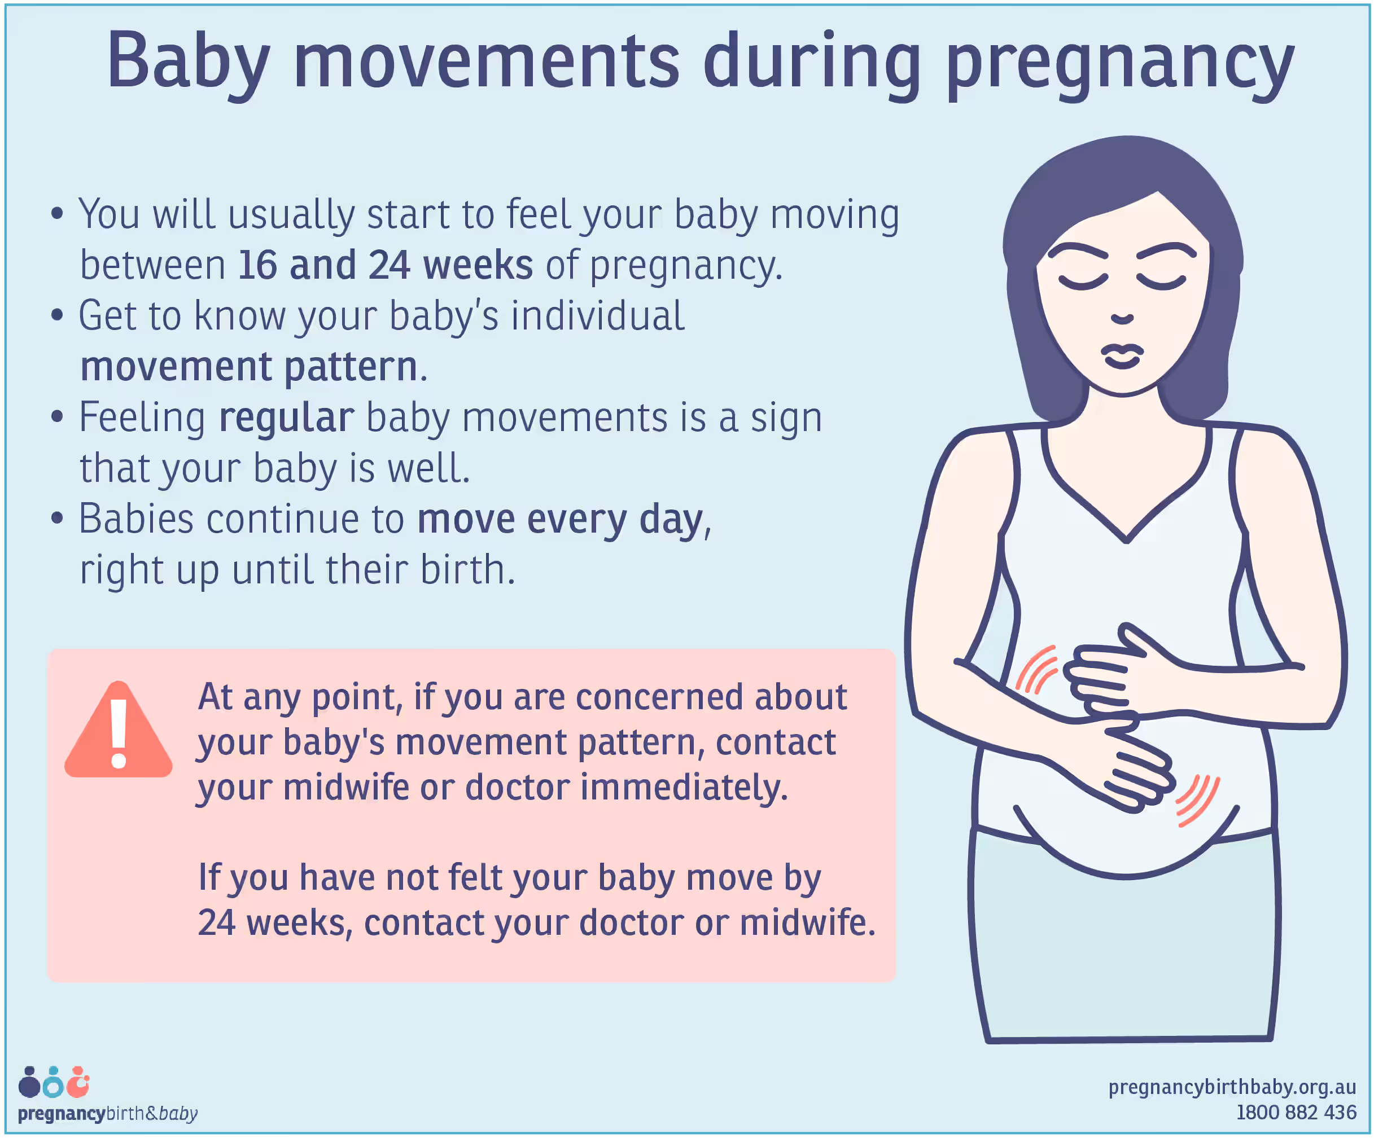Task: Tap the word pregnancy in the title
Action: point(1119,65)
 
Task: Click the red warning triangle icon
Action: point(119,730)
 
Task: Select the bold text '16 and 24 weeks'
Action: point(386,265)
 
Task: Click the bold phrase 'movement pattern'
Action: point(248,367)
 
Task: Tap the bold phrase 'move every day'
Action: point(560,521)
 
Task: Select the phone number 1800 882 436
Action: point(1296,1112)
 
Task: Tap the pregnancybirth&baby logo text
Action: point(107,1113)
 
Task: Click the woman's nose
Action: point(1122,319)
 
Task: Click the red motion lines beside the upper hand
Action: point(1036,669)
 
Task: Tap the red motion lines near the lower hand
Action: point(1198,801)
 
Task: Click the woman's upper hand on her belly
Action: point(1112,674)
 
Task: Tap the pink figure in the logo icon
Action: point(78,1082)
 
